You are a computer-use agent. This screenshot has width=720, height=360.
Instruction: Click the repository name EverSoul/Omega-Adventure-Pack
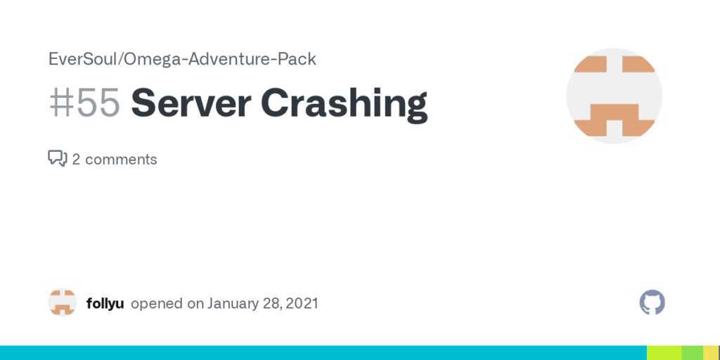[x=182, y=59]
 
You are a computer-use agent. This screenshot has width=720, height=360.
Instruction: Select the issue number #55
[x=84, y=103]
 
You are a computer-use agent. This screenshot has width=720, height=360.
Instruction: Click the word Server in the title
[x=191, y=103]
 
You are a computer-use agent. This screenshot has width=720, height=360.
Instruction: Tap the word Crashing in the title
[x=345, y=105]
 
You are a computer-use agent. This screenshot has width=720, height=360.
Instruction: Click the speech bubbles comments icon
[x=58, y=158]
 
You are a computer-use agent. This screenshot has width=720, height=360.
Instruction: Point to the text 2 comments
[x=115, y=160]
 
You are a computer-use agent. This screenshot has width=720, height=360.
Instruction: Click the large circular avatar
[x=614, y=96]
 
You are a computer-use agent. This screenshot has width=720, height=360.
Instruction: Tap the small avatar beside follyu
[x=63, y=302]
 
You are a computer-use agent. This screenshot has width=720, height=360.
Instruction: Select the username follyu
[x=105, y=304]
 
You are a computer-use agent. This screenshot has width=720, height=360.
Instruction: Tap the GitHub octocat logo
[x=652, y=302]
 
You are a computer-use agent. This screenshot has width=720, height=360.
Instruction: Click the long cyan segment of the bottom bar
[x=323, y=353]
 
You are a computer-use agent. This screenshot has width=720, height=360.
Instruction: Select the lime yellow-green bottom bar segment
[x=664, y=353]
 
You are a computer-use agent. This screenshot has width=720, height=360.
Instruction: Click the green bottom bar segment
[x=693, y=353]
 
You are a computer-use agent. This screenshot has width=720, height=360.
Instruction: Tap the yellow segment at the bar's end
[x=712, y=353]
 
